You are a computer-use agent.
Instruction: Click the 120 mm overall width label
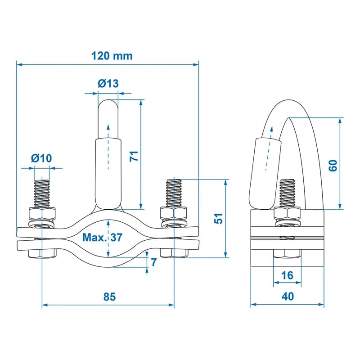pos(112,56)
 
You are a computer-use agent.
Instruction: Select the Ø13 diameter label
pos(108,83)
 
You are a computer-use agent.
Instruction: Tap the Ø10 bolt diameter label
pos(41,158)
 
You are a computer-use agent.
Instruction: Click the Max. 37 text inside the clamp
pos(102,238)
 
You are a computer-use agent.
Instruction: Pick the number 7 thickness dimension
pos(154,262)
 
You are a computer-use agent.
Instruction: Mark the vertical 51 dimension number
pos(217,219)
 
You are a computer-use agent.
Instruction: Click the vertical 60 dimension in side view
pos(333,165)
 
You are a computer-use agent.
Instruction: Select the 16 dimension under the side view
pos(287,275)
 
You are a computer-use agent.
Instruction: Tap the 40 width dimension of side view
pos(287,297)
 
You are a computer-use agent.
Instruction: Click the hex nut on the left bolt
pos(42,213)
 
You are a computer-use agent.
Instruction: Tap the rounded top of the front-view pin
pos(108,108)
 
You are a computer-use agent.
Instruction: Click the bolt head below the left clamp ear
pos(42,254)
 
